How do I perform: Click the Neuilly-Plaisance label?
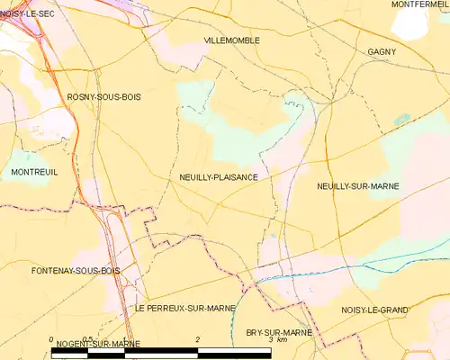coord(219,177)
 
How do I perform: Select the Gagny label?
coord(382,52)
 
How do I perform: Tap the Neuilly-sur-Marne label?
coord(357,186)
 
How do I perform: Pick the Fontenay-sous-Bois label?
coord(62,270)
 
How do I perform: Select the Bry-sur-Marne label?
coord(278,332)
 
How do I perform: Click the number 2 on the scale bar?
coord(197,339)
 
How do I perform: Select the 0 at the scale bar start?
coord(51,339)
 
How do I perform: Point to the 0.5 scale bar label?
coord(87,339)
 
